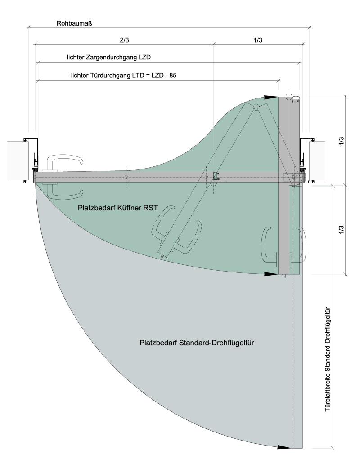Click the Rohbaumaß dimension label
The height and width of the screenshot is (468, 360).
pyautogui.click(x=74, y=23)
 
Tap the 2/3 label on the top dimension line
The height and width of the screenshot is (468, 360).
pyautogui.click(x=124, y=40)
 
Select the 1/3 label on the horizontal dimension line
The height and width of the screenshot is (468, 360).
pyautogui.click(x=258, y=40)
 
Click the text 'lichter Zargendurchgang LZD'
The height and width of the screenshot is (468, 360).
pyautogui.click(x=109, y=57)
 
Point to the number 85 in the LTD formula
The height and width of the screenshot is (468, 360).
pyautogui.click(x=173, y=75)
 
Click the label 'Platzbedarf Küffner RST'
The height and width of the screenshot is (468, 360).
pyautogui.click(x=118, y=208)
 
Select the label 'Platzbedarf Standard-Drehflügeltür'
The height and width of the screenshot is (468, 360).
pyautogui.click(x=197, y=343)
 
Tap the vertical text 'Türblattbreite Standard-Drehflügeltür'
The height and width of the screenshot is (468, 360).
pyautogui.click(x=328, y=359)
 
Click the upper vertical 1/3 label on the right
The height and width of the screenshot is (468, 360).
pyautogui.click(x=342, y=141)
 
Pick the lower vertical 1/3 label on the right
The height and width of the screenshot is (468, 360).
pyautogui.click(x=342, y=230)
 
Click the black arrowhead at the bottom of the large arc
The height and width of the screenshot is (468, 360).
pyautogui.click(x=284, y=447)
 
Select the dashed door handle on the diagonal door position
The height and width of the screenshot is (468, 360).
pyautogui.click(x=176, y=230)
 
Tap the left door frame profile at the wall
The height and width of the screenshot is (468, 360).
pyautogui.click(x=31, y=160)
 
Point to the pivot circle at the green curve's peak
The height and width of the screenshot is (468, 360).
pyautogui.click(x=256, y=107)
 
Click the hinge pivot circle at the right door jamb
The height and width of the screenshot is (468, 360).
pyautogui.click(x=295, y=177)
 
